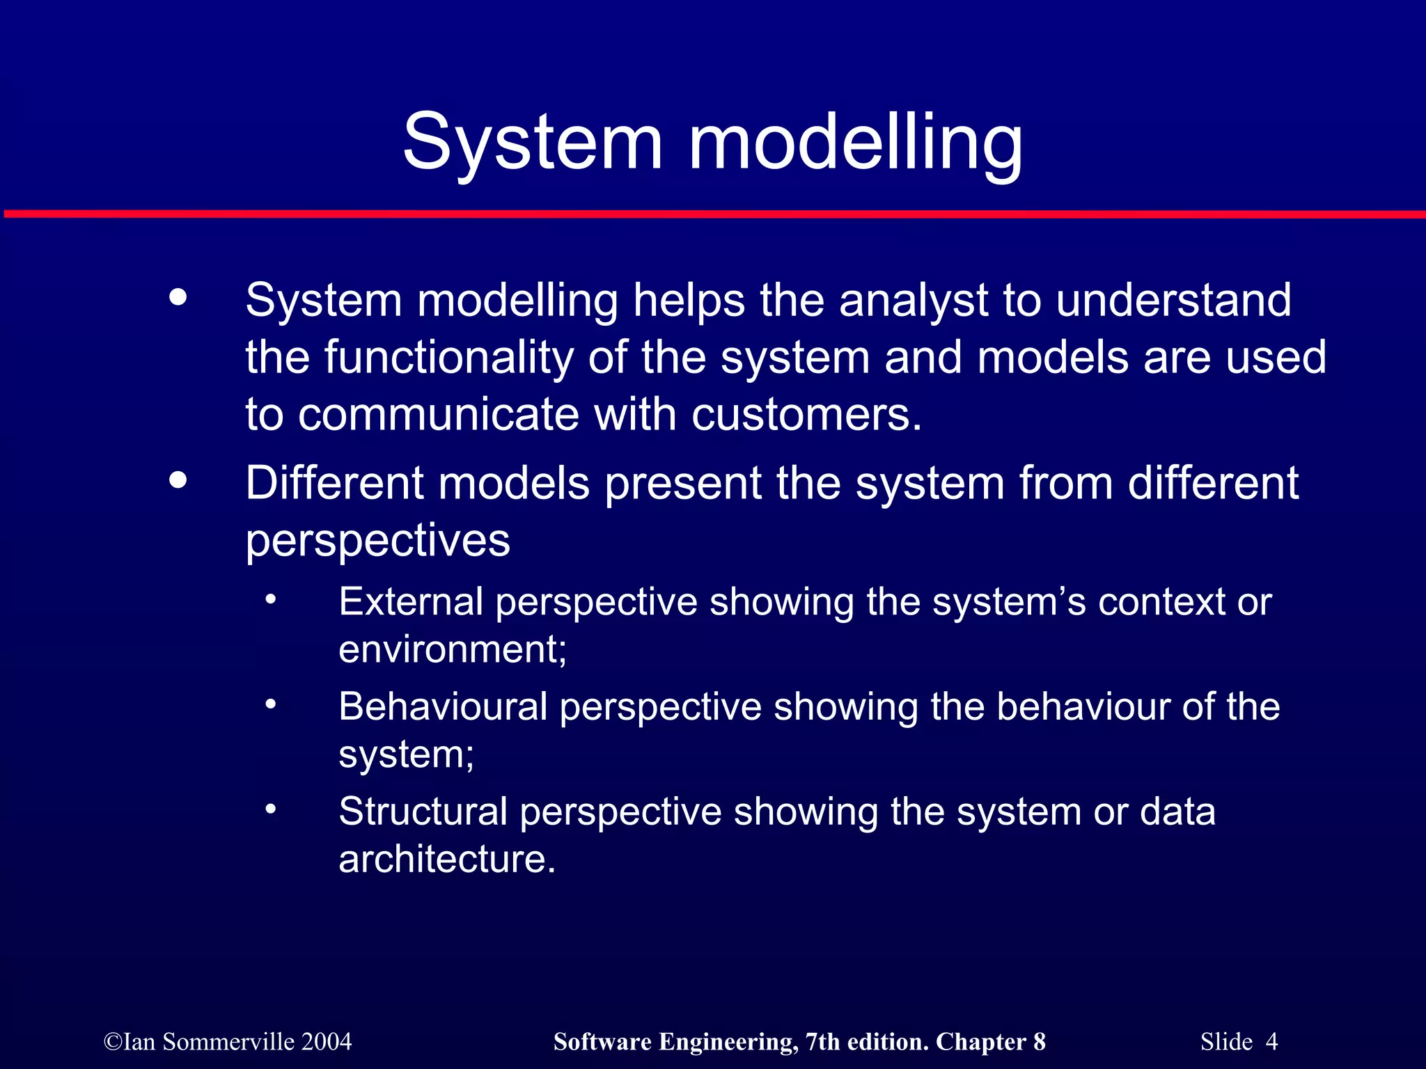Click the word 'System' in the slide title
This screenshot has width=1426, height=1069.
click(x=533, y=143)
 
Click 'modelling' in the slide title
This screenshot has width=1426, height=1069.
click(x=856, y=143)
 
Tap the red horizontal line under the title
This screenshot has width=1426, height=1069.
click(x=713, y=214)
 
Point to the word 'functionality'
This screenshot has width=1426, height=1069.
click(x=448, y=358)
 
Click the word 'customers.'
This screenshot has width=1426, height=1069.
click(x=806, y=415)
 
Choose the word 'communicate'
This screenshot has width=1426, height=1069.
click(x=439, y=415)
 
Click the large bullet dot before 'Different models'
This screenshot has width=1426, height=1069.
click(x=178, y=480)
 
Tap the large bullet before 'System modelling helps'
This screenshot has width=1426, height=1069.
click(x=178, y=297)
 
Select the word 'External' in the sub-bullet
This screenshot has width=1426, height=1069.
click(x=410, y=601)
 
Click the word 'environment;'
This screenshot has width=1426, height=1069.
click(x=453, y=649)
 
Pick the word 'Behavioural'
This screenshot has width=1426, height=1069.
click(x=443, y=706)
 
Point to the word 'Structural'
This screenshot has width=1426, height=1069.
click(x=423, y=811)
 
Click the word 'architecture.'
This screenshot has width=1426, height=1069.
click(x=447, y=859)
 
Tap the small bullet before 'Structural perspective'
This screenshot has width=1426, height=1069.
click(x=271, y=809)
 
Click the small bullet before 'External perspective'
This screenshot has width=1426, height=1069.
click(x=271, y=599)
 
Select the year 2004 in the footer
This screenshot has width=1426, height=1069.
click(x=327, y=1042)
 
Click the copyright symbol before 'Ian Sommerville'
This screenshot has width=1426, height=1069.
click(x=113, y=1043)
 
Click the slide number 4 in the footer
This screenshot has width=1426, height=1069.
click(x=1271, y=1042)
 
